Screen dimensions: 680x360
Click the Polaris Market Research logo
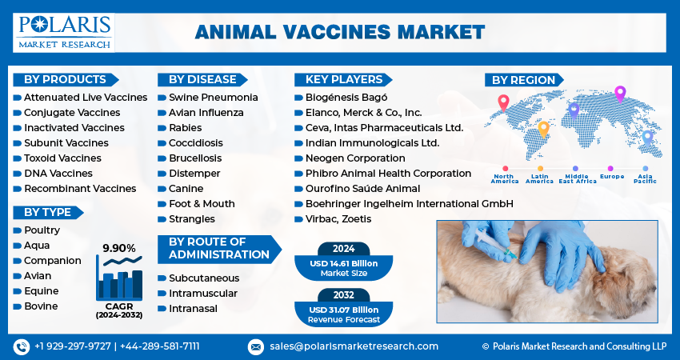[64, 33]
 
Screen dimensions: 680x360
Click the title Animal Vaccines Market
[339, 32]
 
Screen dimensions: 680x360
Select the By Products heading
[65, 79]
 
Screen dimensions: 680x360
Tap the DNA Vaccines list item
[58, 173]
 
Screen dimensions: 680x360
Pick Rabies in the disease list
[185, 127]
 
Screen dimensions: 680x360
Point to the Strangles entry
[192, 218]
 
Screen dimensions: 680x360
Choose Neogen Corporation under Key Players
[355, 158]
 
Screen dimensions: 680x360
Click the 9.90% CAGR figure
[119, 248]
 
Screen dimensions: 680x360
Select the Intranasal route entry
[193, 308]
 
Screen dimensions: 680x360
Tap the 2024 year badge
[343, 249]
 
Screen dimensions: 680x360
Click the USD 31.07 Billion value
[343, 310]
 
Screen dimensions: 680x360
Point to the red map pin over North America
[503, 102]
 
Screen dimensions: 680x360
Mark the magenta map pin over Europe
[620, 94]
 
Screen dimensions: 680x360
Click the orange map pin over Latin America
[543, 130]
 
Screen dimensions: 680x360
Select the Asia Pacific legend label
[645, 178]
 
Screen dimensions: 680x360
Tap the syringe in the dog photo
[495, 244]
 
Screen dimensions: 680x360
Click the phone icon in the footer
[22, 346]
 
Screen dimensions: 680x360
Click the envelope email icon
[256, 346]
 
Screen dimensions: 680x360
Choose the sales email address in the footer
[354, 346]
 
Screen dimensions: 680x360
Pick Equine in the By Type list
[41, 290]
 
